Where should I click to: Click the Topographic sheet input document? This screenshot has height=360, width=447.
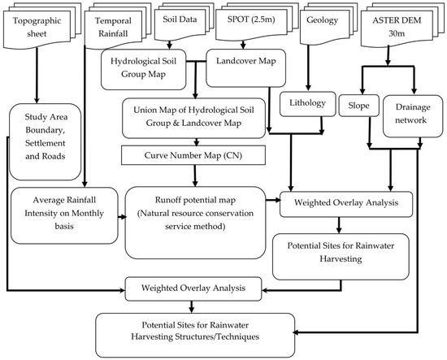tap(35, 29)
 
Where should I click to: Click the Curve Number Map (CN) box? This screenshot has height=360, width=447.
tap(193, 154)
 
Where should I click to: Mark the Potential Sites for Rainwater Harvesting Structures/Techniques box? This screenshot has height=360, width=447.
tap(193, 331)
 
